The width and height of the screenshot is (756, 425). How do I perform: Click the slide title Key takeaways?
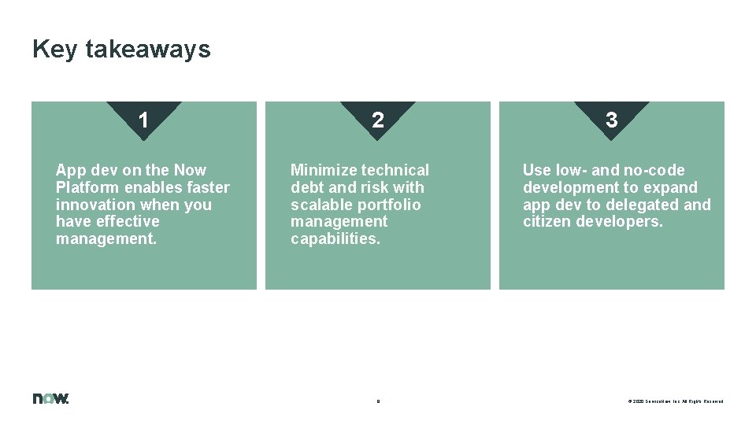pos(121,49)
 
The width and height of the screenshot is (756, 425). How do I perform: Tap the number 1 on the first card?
pos(143,120)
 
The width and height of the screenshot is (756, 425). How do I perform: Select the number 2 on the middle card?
pos(378,120)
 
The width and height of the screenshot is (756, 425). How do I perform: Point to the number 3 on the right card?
pos(611,120)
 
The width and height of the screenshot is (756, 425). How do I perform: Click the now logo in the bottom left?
pos(50,398)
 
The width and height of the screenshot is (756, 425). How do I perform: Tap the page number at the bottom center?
pos(378,401)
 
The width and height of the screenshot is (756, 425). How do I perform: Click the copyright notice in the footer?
pos(675,401)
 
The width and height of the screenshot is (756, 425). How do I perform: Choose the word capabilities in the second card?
pos(335,239)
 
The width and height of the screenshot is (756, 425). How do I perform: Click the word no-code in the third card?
pos(654,170)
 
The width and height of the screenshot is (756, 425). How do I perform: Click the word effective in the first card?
pos(128,222)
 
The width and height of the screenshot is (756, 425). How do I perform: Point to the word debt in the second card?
pos(307,187)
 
